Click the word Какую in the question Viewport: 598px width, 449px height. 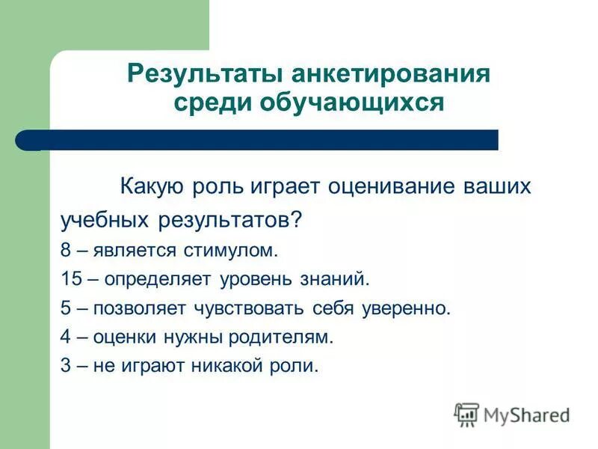pyautogui.click(x=153, y=186)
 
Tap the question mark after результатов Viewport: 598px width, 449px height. pyautogui.click(x=298, y=219)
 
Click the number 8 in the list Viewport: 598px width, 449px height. pyautogui.click(x=65, y=249)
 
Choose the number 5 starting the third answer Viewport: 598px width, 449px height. pyautogui.click(x=65, y=308)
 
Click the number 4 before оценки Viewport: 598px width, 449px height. pyautogui.click(x=65, y=337)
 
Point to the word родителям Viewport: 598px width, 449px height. pyautogui.click(x=289, y=337)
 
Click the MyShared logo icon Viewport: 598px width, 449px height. pyautogui.click(x=466, y=414)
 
